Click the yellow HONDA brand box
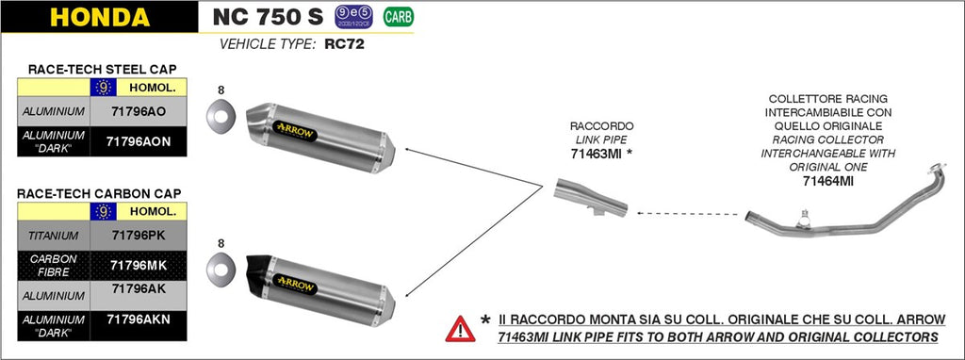tap(99, 17)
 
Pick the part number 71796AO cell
tap(138, 111)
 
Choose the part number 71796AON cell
tap(138, 141)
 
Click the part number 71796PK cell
tap(138, 234)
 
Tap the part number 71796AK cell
tap(138, 290)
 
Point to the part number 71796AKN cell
tap(138, 320)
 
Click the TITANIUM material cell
tap(54, 234)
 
